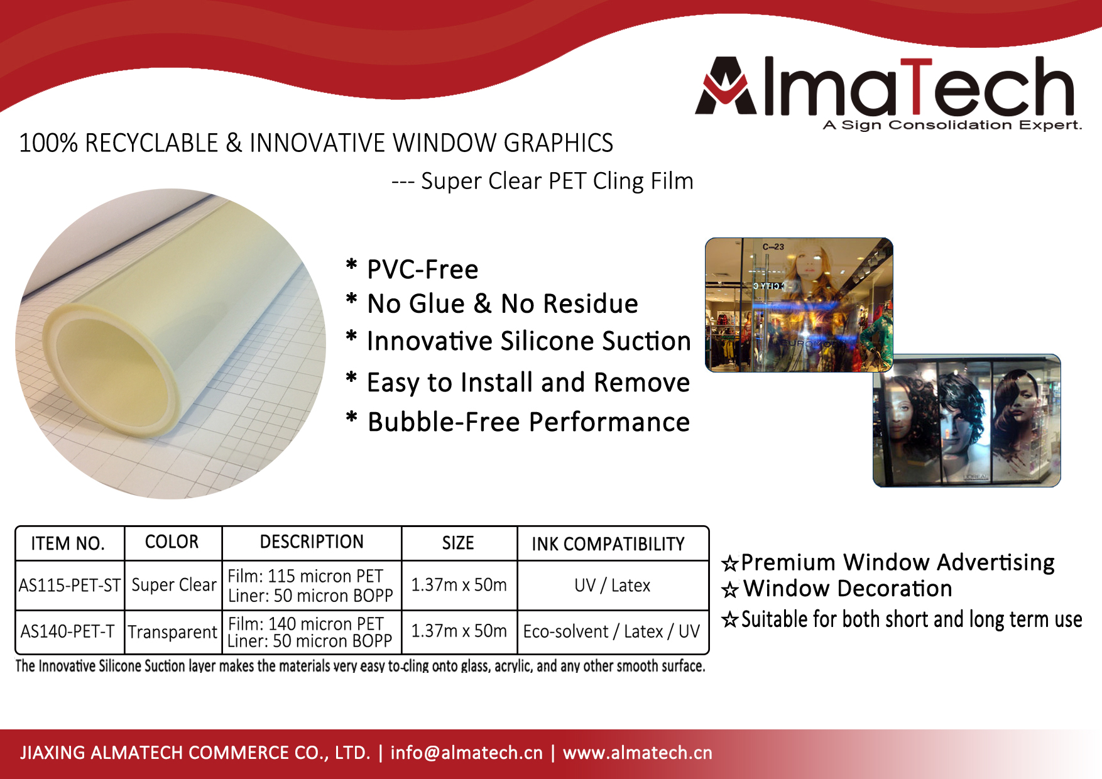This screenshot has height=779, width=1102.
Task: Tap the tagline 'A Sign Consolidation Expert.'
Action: pyautogui.click(x=952, y=125)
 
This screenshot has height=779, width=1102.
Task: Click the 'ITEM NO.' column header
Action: pyautogui.click(x=68, y=543)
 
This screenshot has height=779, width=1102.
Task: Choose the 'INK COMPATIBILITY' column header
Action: pyautogui.click(x=608, y=544)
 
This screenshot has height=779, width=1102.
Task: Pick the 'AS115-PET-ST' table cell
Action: pyautogui.click(x=70, y=586)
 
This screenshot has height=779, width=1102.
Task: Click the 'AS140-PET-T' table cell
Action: pyautogui.click(x=68, y=631)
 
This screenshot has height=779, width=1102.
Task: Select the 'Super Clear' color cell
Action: pyautogui.click(x=174, y=585)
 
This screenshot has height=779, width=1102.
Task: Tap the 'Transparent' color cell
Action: pyautogui.click(x=173, y=631)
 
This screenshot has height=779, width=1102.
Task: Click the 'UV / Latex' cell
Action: pyautogui.click(x=613, y=586)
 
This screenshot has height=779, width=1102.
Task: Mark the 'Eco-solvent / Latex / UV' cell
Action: pyautogui.click(x=611, y=631)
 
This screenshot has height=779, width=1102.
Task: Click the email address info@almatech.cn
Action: pyautogui.click(x=466, y=753)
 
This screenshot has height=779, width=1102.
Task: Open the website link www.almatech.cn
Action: pyautogui.click(x=638, y=753)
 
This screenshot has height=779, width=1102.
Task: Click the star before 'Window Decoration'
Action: pyautogui.click(x=730, y=590)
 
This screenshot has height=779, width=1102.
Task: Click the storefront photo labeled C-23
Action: pyautogui.click(x=799, y=305)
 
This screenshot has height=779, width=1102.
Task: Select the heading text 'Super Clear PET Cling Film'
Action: pyautogui.click(x=557, y=181)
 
